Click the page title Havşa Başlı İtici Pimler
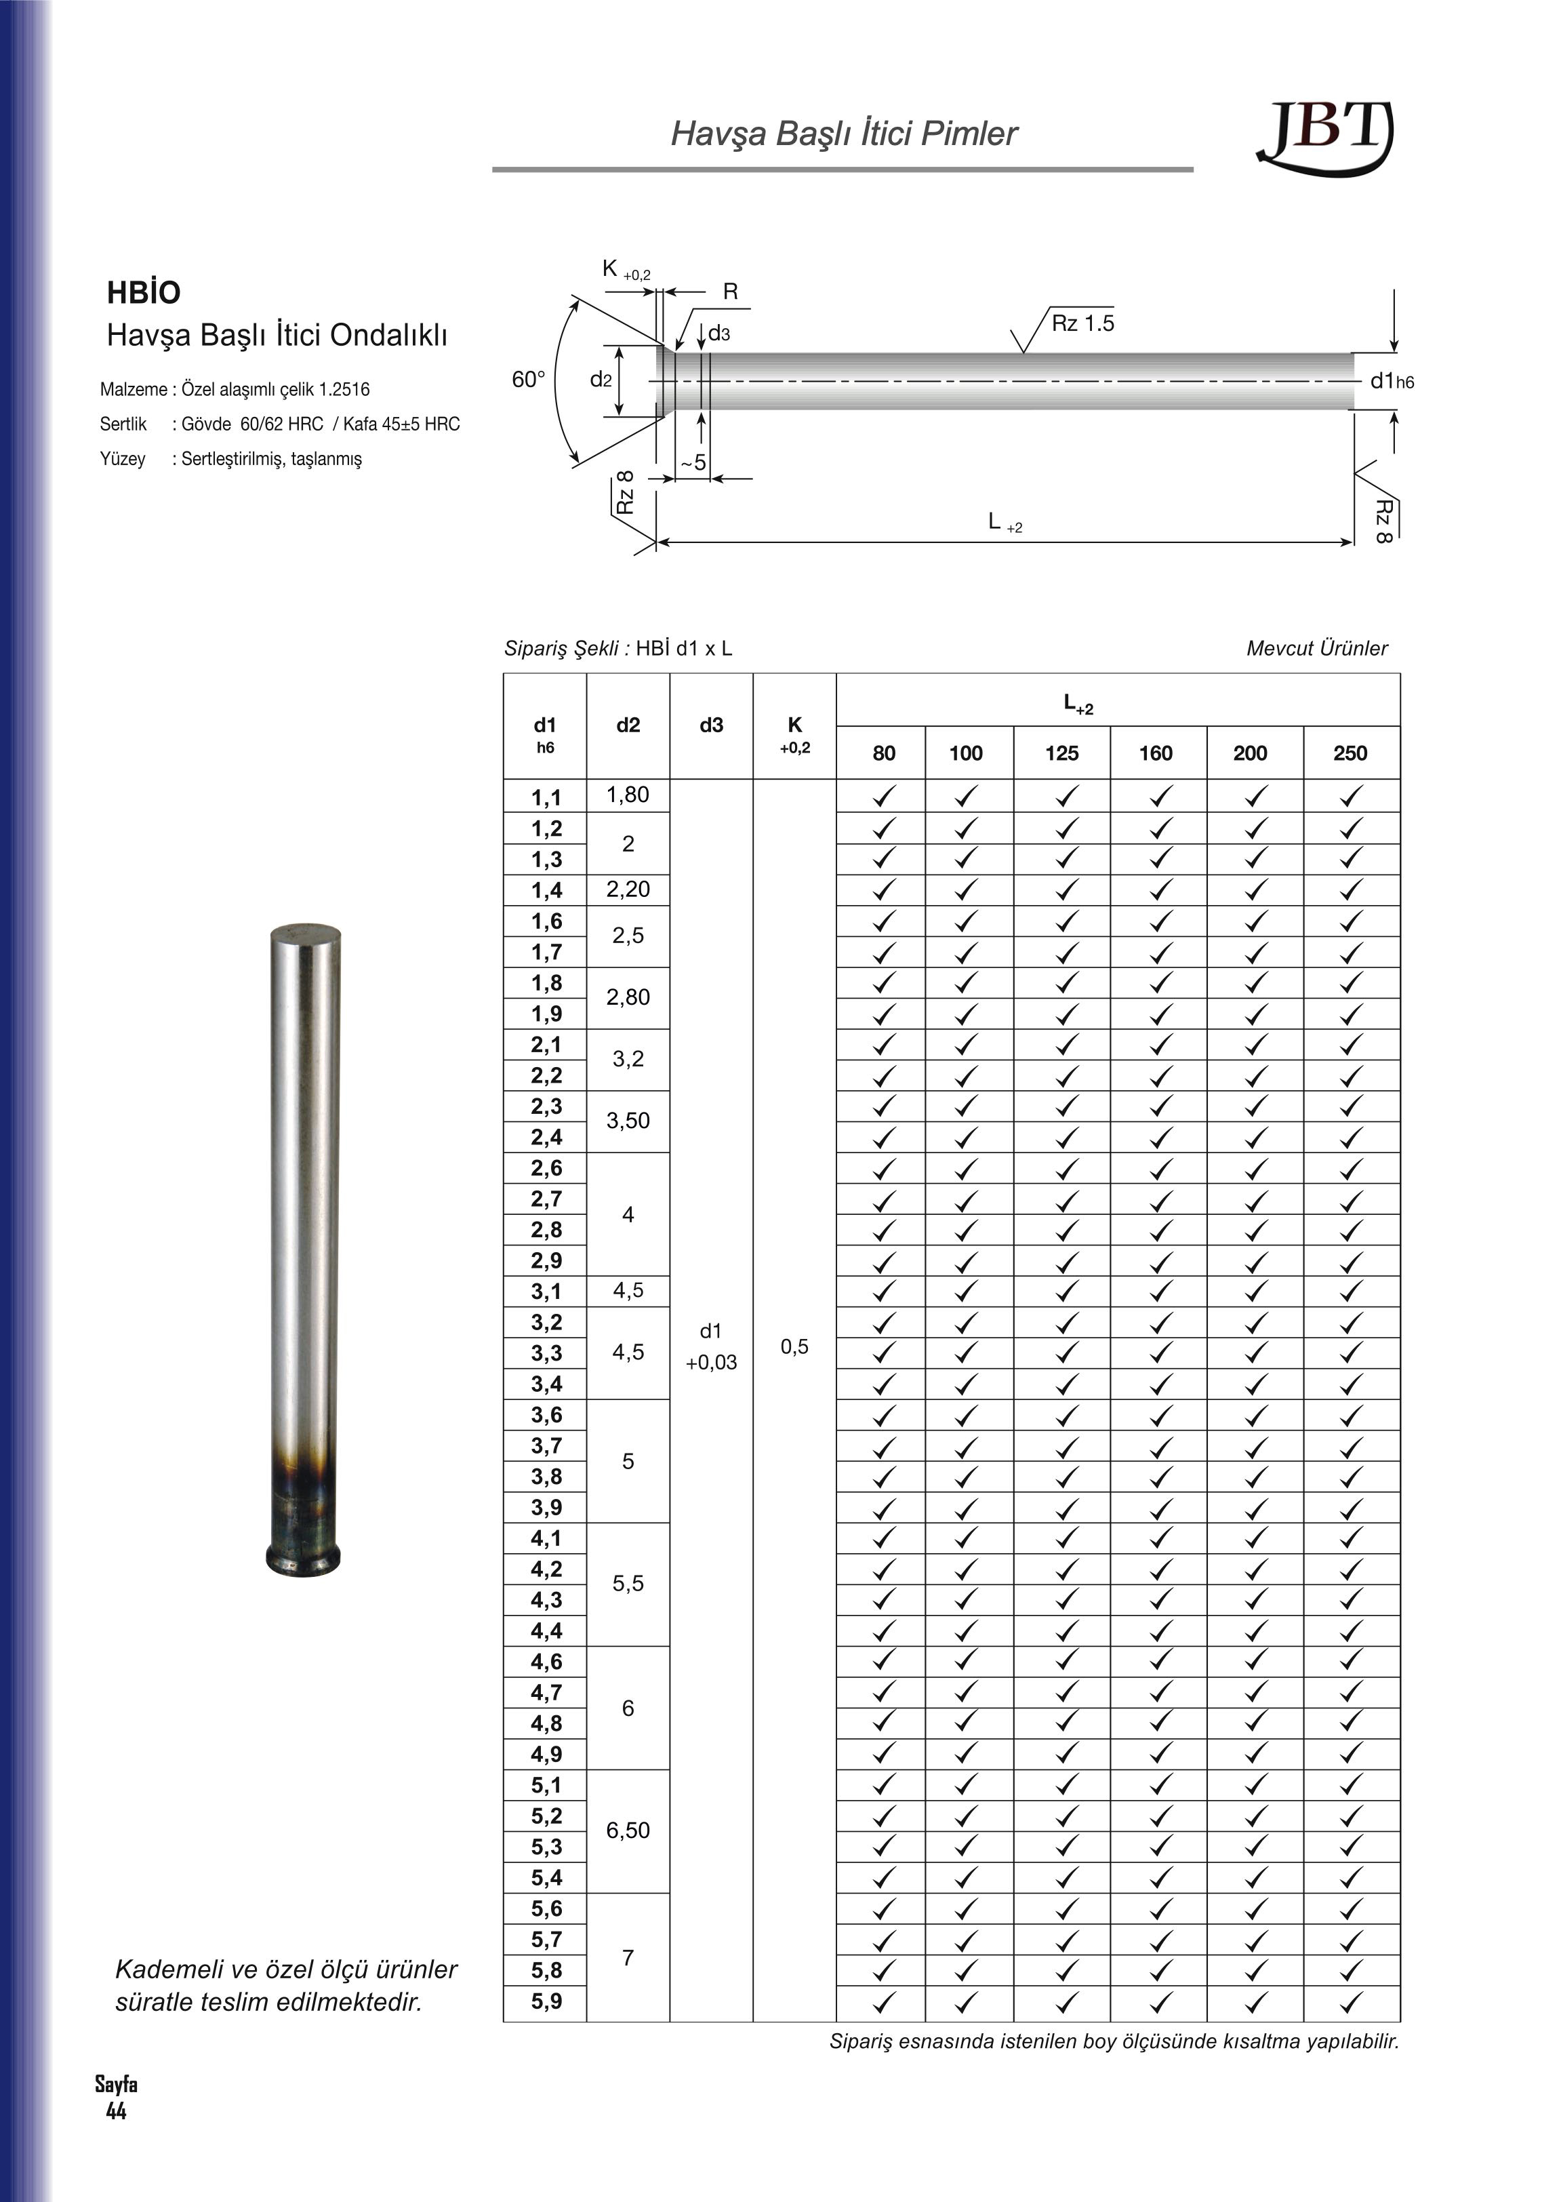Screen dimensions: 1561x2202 pyautogui.click(x=843, y=134)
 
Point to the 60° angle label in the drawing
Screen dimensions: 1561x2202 pyautogui.click(x=529, y=380)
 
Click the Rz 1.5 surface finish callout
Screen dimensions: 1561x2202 pyautogui.click(x=1082, y=323)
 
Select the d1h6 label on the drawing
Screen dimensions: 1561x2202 pyautogui.click(x=1392, y=382)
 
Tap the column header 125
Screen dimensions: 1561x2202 pyautogui.click(x=1061, y=753)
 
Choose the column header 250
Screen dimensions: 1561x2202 pyautogui.click(x=1350, y=753)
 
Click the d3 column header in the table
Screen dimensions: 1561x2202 pyautogui.click(x=711, y=725)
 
